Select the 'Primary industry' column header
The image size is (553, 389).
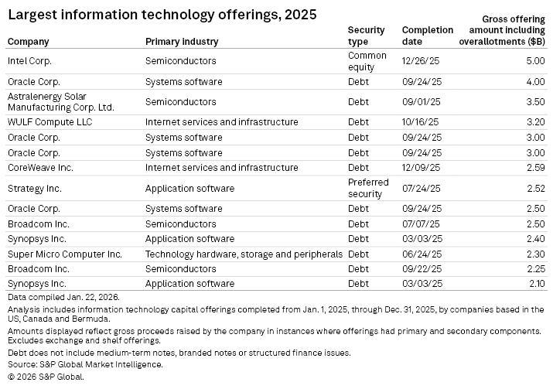pyautogui.click(x=181, y=42)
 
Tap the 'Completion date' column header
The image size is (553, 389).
pyautogui.click(x=427, y=36)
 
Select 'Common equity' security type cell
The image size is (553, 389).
pyautogui.click(x=367, y=60)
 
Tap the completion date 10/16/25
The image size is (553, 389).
pyautogui.click(x=420, y=122)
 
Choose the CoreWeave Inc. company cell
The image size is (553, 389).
pyautogui.click(x=40, y=167)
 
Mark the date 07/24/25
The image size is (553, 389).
pyautogui.click(x=420, y=188)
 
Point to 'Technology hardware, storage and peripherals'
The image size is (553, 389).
pyautogui.click(x=244, y=254)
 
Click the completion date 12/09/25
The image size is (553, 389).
pyautogui.click(x=420, y=167)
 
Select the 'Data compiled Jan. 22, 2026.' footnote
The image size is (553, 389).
pyautogui.click(x=63, y=297)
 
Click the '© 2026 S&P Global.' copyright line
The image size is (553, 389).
pyautogui.click(x=45, y=377)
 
